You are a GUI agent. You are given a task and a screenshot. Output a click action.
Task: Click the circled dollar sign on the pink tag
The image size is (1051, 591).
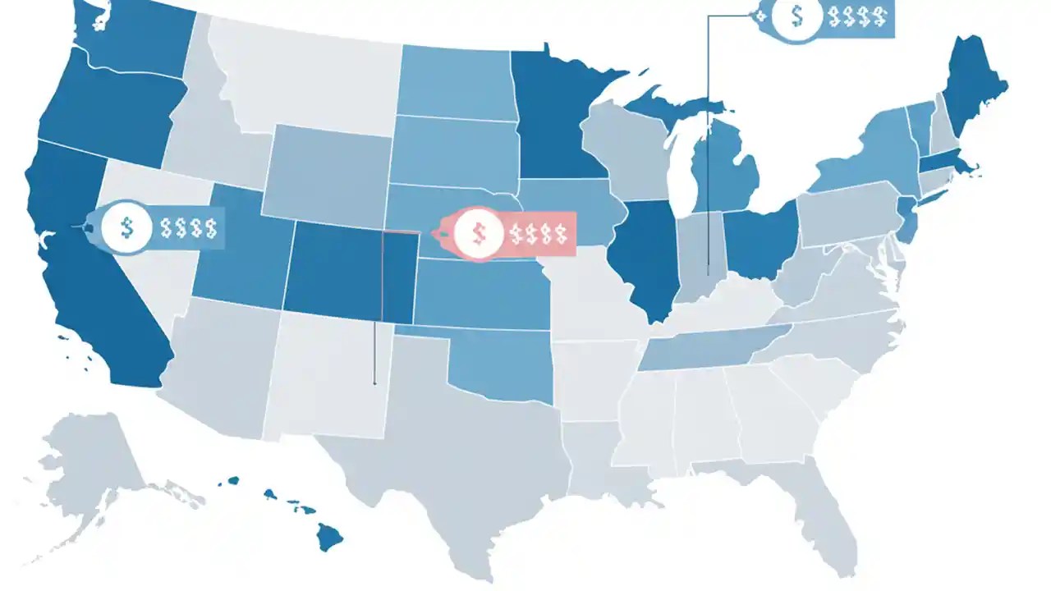tap(478, 232)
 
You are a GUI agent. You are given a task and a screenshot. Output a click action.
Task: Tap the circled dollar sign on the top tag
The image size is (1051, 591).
tap(794, 16)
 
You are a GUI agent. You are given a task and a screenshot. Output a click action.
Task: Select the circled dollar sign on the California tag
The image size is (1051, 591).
tap(126, 227)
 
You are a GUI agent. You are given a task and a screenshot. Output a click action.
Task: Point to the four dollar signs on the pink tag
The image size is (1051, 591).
tap(537, 233)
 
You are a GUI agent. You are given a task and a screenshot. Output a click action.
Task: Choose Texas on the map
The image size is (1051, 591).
tap(460, 443)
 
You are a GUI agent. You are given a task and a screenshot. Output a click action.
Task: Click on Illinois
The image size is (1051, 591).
tap(649, 254)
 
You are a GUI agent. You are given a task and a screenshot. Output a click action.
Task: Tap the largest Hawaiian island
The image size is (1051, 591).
tap(330, 538)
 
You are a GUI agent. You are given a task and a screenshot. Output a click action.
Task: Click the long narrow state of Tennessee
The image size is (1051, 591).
tap(706, 349)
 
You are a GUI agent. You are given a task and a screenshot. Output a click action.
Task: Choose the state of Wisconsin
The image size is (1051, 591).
tap(628, 152)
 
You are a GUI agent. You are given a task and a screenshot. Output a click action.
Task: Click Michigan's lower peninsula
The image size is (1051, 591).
tap(723, 172)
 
